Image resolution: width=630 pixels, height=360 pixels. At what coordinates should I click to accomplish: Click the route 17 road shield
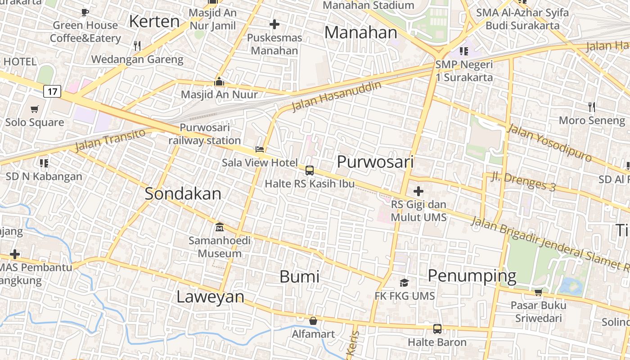click(x=53, y=92)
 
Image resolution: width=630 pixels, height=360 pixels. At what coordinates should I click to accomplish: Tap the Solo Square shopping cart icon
click(x=34, y=109)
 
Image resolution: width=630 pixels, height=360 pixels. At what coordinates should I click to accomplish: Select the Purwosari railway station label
click(x=205, y=134)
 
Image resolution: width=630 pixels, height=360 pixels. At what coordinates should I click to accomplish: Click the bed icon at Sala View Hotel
click(x=260, y=149)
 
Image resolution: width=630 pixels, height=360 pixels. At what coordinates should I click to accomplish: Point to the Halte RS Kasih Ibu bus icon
click(x=310, y=171)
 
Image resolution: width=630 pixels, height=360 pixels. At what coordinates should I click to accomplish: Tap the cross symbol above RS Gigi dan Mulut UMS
click(x=418, y=191)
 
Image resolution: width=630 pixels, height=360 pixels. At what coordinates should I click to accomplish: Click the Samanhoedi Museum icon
click(x=219, y=227)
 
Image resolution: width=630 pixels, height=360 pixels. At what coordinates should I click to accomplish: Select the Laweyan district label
click(x=210, y=297)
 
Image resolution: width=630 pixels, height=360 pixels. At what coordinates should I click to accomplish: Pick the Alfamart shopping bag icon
click(x=313, y=321)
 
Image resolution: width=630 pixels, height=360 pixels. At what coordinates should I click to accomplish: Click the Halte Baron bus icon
click(x=437, y=328)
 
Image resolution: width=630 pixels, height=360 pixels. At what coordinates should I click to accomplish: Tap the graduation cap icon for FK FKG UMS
click(x=405, y=283)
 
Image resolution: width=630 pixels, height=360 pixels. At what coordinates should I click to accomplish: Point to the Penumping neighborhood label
click(x=472, y=275)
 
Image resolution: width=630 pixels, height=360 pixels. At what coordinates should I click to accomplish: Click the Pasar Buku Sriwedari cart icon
click(x=538, y=292)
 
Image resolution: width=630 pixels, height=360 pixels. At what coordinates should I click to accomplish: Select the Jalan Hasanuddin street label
click(x=336, y=96)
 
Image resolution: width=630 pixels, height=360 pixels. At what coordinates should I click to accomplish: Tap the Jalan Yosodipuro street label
click(x=549, y=143)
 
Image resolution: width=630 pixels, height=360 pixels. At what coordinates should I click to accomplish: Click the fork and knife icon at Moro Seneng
click(x=592, y=107)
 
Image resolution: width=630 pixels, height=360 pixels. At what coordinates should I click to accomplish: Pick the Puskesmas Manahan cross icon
click(x=274, y=24)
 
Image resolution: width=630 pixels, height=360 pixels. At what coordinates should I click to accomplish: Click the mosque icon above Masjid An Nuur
click(x=219, y=81)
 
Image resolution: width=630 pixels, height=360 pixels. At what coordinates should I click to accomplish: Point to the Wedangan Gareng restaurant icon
click(x=137, y=46)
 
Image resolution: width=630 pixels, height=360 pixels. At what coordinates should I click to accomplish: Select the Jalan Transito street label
click(x=110, y=140)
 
